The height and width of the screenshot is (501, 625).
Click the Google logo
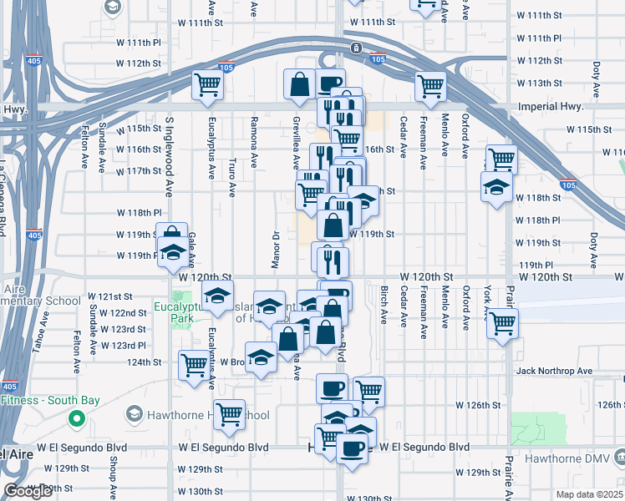click(28, 491)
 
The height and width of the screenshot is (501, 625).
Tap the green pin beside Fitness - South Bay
click(76, 419)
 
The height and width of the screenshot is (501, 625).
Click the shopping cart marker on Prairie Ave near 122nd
click(502, 323)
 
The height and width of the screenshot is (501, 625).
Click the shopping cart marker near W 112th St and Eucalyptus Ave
click(207, 85)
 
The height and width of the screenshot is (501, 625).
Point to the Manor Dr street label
click(273, 248)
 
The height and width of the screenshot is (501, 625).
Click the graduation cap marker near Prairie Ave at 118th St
click(496, 188)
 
